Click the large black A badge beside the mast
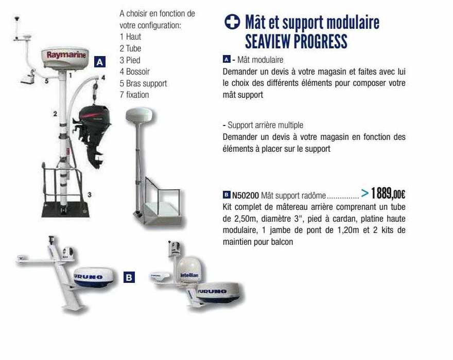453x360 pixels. (x=100, y=62)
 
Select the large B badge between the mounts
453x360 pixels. (x=129, y=278)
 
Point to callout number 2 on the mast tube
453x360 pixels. (x=55, y=113)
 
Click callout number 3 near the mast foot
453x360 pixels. (x=89, y=194)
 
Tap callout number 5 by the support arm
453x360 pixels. (x=45, y=81)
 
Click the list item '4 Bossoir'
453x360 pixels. (x=134, y=71)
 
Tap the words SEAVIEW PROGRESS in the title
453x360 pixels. (x=296, y=41)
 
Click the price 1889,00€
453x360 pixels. (x=388, y=194)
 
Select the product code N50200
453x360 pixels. (x=246, y=195)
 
